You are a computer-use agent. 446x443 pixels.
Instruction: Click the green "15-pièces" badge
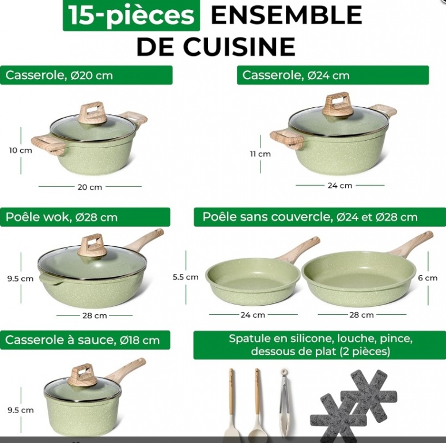pos(131,15)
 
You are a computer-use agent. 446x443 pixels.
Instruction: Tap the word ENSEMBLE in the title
pos(286,15)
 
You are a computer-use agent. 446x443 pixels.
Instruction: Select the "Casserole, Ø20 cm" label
pos(86,75)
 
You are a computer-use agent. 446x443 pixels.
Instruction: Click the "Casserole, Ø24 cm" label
pos(333,75)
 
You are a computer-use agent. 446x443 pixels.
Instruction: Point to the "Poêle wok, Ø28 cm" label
pos(85,217)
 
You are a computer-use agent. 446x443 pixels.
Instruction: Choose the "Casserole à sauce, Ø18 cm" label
pos(85,340)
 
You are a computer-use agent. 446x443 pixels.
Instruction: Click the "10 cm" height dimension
pos(21,151)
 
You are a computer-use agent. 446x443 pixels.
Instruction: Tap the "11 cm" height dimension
pos(260,154)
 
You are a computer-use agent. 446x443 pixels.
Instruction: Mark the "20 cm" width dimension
pos(89,187)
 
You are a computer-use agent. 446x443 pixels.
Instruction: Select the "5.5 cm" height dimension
pos(186,277)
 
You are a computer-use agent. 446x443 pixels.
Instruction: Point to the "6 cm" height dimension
pos(428,278)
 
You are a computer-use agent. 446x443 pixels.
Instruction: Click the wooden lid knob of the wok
pos(92,246)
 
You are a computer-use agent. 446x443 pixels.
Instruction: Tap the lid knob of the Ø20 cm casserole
pos(92,113)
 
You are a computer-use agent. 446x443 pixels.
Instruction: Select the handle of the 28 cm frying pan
pos(411,243)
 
